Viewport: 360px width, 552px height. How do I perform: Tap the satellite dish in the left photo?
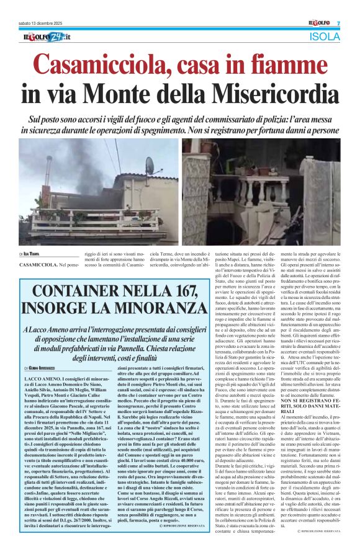[149, 166]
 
